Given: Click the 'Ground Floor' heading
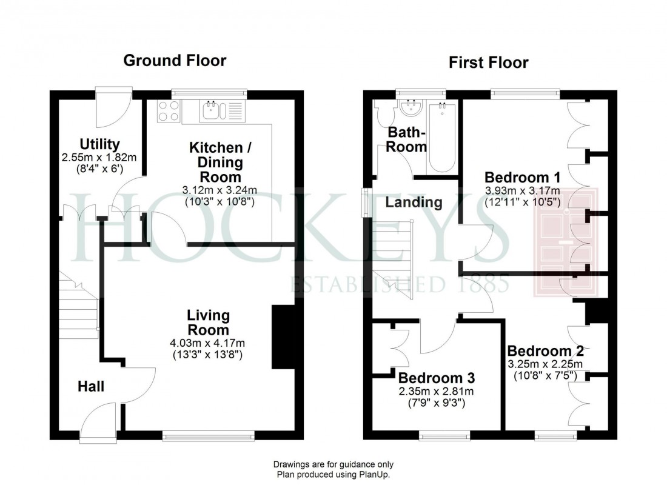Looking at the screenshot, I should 175,61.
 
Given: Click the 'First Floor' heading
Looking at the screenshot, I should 488,62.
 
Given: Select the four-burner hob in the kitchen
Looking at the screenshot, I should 169,111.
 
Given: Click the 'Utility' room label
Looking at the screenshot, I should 99,144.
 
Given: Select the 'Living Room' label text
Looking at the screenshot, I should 208,323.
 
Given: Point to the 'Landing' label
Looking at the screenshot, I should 414,202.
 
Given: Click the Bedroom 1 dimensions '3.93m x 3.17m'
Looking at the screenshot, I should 521,190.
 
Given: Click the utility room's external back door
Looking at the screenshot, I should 113,103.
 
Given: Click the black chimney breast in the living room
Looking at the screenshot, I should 283,336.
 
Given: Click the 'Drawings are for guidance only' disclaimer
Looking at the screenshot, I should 333,464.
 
